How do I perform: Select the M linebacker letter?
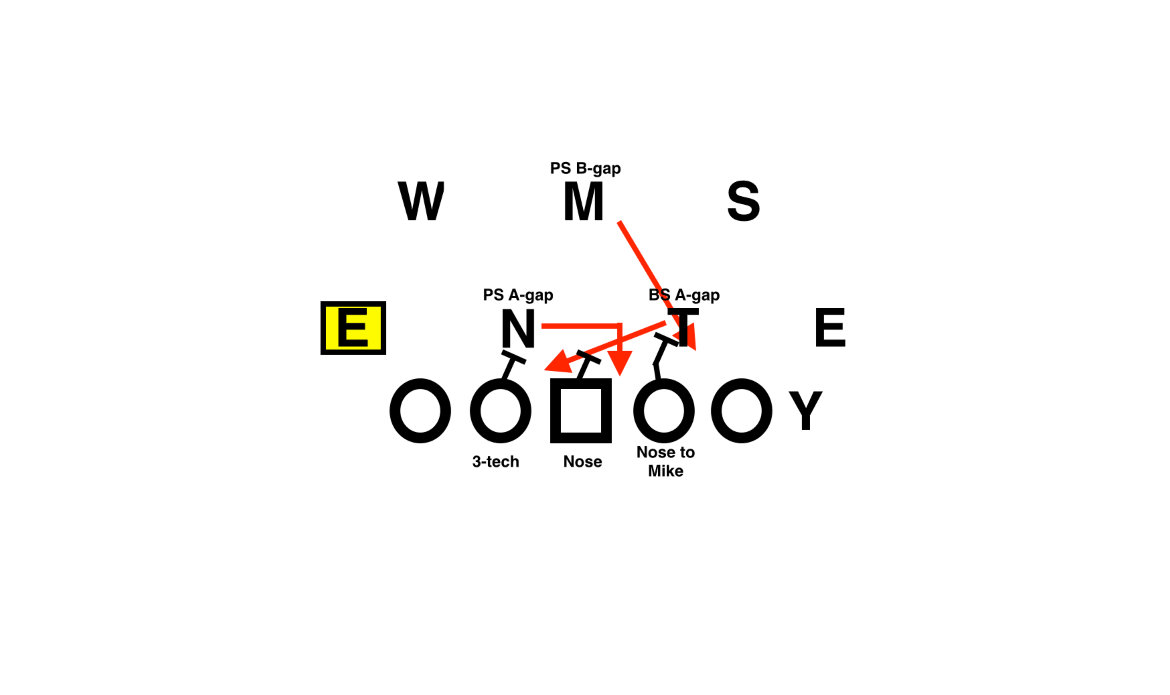click(x=583, y=201)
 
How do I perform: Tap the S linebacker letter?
click(x=744, y=201)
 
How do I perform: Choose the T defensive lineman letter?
click(x=683, y=328)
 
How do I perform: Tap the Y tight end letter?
click(x=805, y=410)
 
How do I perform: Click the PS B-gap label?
click(x=585, y=168)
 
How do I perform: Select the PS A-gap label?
click(x=518, y=295)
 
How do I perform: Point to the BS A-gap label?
click(x=684, y=295)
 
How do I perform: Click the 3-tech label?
click(x=495, y=461)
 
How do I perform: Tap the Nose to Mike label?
click(x=665, y=461)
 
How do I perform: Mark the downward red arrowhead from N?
click(x=620, y=361)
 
